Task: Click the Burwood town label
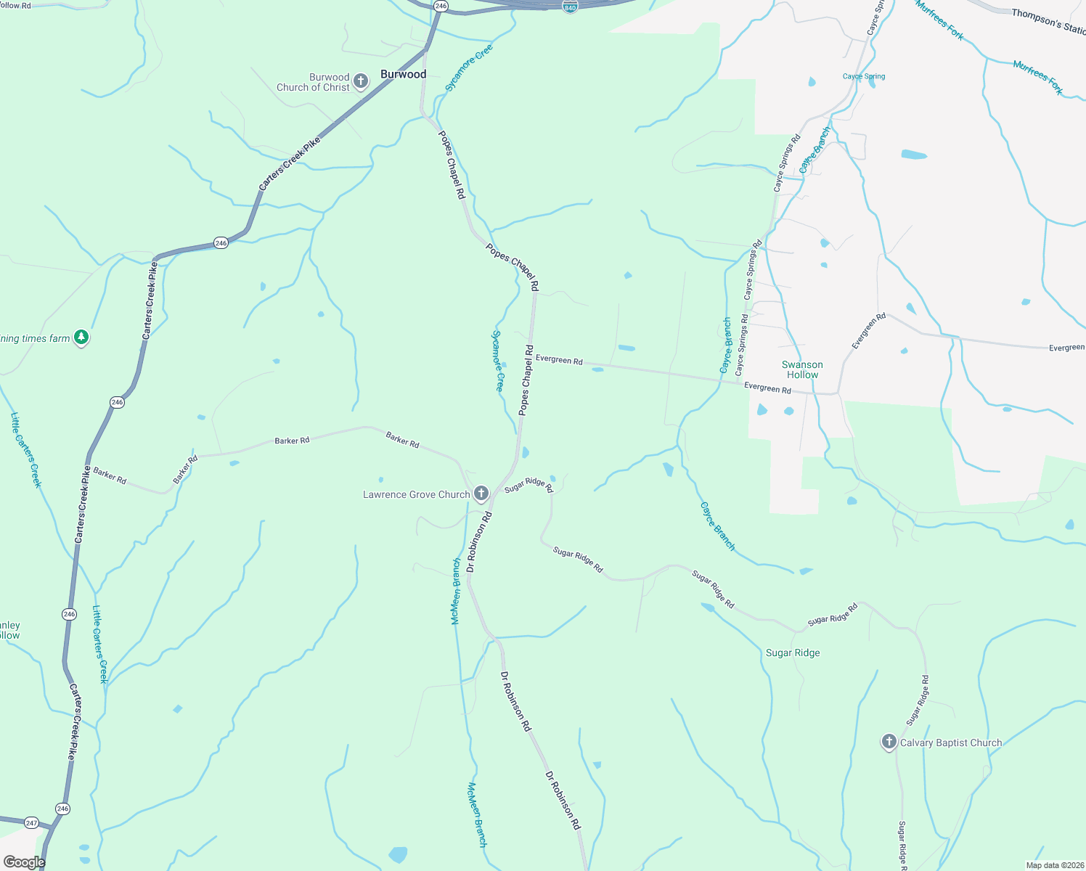pos(403,74)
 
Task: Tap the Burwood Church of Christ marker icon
pos(361,82)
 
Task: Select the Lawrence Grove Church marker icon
pos(481,494)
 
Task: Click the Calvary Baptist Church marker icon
pos(889,742)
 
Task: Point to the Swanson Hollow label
pos(802,369)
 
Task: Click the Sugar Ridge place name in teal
pos(793,653)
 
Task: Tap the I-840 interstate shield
pos(570,6)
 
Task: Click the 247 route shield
pos(31,822)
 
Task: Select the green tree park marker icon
pos(81,338)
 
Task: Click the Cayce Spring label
pos(864,76)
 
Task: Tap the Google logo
pos(24,862)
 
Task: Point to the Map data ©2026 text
pos(1054,865)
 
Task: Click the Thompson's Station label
pos(1048,20)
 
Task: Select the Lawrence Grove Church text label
pos(417,494)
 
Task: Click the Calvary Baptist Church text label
pos(951,743)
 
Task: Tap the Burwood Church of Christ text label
pos(314,82)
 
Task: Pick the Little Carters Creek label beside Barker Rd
pos(26,450)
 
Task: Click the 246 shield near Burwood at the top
pos(441,5)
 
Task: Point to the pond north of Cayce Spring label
pos(811,81)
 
